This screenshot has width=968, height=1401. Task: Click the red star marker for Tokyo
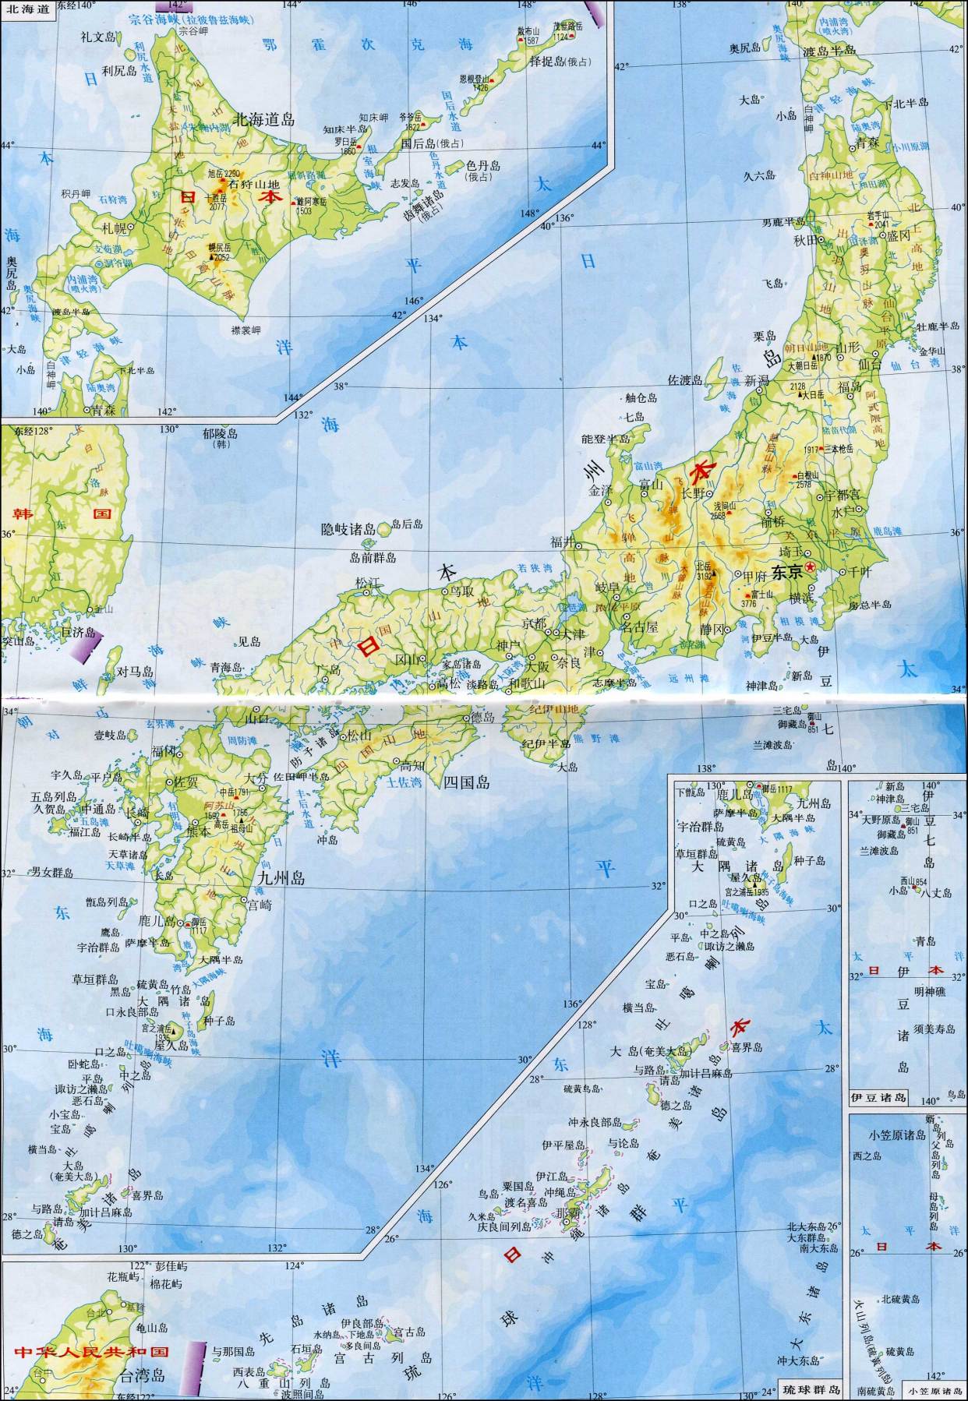(x=811, y=566)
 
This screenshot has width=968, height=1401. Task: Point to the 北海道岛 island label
(x=264, y=119)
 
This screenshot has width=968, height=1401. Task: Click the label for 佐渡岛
(x=685, y=380)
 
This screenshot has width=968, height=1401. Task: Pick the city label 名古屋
(x=639, y=626)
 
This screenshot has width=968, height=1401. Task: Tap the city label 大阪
(x=536, y=666)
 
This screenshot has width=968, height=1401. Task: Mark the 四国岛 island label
(x=466, y=783)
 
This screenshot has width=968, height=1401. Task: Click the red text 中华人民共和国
(x=90, y=1350)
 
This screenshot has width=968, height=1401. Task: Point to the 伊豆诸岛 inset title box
(x=878, y=1098)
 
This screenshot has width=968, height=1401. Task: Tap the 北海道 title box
(x=27, y=9)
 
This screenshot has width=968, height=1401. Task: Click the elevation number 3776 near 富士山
(x=749, y=602)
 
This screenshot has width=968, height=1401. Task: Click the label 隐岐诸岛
(x=348, y=529)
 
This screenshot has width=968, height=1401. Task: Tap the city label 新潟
(x=756, y=380)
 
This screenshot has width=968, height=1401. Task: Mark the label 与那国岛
(x=233, y=1350)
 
